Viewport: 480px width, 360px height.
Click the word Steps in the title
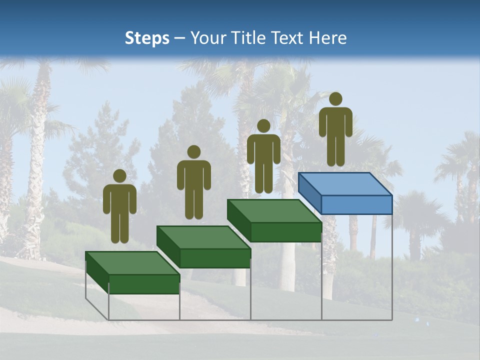click(x=147, y=38)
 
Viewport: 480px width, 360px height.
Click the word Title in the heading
click(x=249, y=38)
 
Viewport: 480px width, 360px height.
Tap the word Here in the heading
click(x=327, y=38)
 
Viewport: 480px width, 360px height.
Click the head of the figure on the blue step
click(x=335, y=99)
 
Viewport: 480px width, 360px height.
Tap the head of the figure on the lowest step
click(x=119, y=176)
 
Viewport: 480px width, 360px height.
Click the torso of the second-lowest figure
click(x=193, y=175)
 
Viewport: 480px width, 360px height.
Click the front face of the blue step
click(x=356, y=204)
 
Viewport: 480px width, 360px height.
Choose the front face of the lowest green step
click(x=144, y=284)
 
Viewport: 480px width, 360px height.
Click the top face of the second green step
click(x=203, y=237)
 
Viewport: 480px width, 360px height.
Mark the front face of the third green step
click(x=285, y=231)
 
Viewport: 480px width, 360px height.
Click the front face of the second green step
click(x=215, y=258)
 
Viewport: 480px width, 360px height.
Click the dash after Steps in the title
click(x=180, y=38)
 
